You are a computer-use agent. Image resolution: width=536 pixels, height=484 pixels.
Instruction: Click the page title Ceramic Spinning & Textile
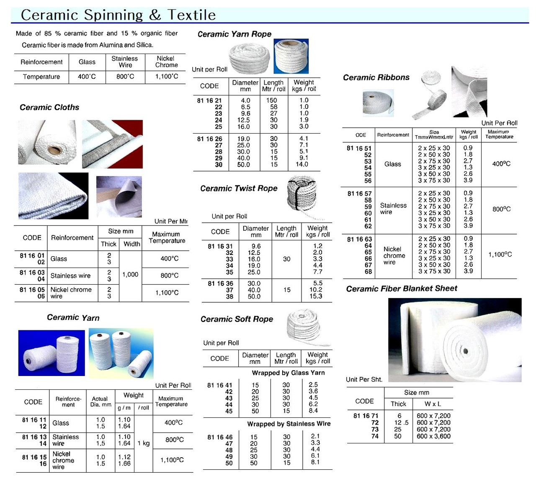[x=118, y=15]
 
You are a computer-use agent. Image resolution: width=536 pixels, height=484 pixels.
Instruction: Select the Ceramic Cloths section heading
[x=49, y=107]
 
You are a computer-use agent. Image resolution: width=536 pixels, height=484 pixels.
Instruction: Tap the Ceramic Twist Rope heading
[x=239, y=188]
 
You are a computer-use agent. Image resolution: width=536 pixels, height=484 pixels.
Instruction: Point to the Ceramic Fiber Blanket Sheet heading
[x=402, y=288]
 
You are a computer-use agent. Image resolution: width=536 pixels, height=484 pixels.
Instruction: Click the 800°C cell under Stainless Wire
[x=125, y=77]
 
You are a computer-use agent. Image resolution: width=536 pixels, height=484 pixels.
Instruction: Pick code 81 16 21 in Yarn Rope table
[x=209, y=100]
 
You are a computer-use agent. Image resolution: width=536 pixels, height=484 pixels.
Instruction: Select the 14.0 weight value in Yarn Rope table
[x=302, y=165]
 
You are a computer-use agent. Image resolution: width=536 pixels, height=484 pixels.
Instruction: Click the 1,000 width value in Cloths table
[x=130, y=275]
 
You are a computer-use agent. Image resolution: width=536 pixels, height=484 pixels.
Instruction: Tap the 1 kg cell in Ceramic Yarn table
[x=144, y=443]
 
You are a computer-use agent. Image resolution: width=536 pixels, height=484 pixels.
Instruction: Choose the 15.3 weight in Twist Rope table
[x=316, y=296]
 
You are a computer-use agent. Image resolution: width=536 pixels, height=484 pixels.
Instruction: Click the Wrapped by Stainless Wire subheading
[x=289, y=424]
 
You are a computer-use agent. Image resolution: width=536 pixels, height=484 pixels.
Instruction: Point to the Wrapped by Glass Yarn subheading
[x=288, y=373]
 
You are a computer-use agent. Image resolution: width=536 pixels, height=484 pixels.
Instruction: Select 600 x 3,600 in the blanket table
[x=433, y=436]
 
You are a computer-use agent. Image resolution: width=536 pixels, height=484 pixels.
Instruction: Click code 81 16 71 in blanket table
[x=366, y=416]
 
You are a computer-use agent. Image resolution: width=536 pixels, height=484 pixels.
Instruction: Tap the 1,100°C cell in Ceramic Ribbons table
[x=500, y=255]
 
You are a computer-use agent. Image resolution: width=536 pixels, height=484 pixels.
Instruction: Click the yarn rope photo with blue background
[x=291, y=56]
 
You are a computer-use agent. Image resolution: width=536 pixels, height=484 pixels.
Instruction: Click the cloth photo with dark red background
[x=112, y=144]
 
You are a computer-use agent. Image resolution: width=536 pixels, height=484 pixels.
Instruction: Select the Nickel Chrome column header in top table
[x=166, y=62]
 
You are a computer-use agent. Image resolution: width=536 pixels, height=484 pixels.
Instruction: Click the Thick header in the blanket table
[x=398, y=404]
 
